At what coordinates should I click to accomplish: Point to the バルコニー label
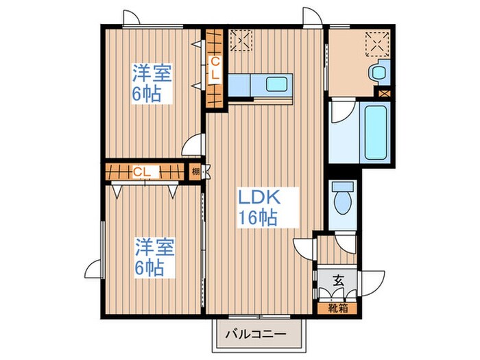tap(256, 337)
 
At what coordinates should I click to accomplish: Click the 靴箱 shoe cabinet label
tap(337, 308)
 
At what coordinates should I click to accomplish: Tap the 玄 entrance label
tap(338, 280)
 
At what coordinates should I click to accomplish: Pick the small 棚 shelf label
tap(196, 172)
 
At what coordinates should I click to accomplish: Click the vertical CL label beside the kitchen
tap(214, 69)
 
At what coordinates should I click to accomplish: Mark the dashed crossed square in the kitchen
tap(240, 40)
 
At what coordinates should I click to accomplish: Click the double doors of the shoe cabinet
tap(335, 293)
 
